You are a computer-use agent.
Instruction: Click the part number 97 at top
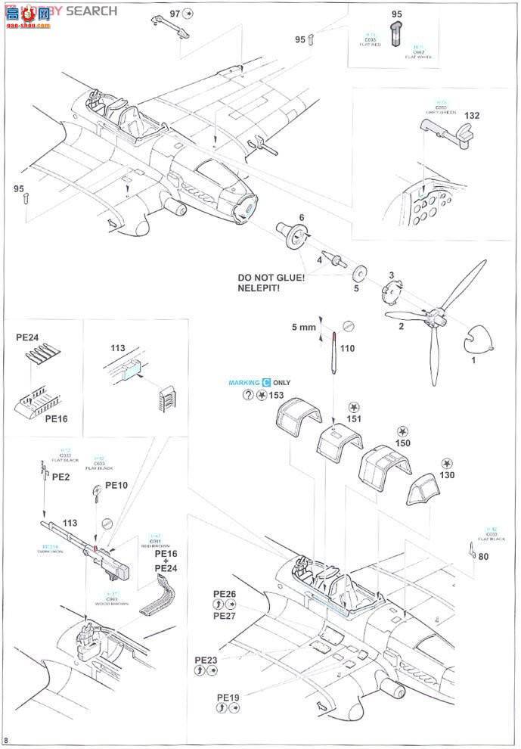(x=175, y=14)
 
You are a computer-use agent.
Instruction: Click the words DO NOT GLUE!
(x=271, y=278)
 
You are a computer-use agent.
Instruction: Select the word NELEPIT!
(x=263, y=289)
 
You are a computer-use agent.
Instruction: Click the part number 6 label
(x=301, y=217)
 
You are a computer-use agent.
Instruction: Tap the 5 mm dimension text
(x=303, y=328)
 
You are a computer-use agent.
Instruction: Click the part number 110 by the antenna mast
(x=347, y=349)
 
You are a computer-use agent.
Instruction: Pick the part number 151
(x=353, y=418)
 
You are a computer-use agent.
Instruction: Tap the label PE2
(x=61, y=477)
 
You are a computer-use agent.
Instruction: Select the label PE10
(x=116, y=485)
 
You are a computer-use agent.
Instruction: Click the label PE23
(x=206, y=660)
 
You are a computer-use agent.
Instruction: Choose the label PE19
(x=228, y=697)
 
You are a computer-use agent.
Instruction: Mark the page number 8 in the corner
(x=7, y=740)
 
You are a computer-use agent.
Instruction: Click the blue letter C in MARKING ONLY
(x=266, y=384)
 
